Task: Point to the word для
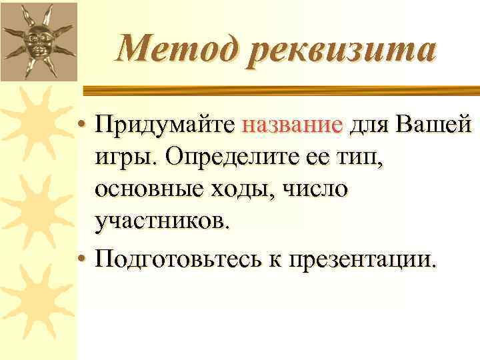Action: click(369, 125)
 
